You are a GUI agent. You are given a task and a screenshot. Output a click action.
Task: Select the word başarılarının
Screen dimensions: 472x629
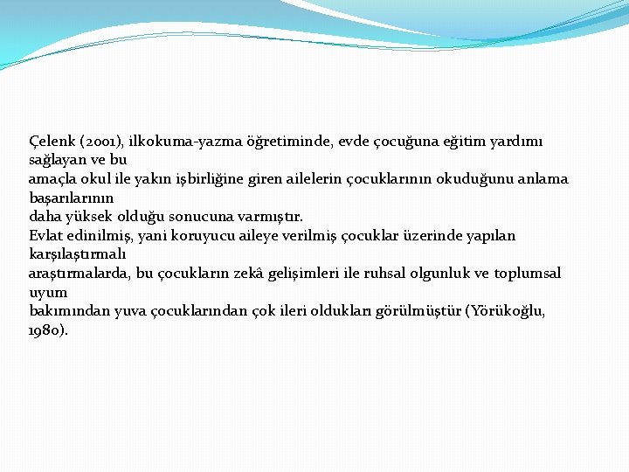pos(71,198)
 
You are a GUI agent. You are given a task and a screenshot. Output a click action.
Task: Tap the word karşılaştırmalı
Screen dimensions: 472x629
pos(77,255)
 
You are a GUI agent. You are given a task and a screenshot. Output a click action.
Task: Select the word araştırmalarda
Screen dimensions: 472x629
pos(79,274)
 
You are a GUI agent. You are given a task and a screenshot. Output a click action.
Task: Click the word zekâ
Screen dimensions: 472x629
pos(273,274)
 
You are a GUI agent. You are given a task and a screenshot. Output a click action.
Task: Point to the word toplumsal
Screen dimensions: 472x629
pos(528,274)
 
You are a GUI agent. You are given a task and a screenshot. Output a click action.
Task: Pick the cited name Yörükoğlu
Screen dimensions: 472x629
pos(508,311)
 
